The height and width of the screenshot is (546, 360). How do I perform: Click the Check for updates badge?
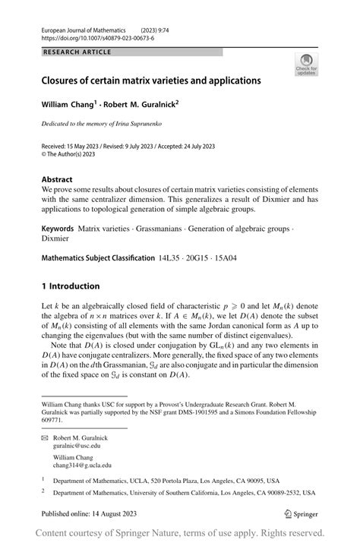[307, 65]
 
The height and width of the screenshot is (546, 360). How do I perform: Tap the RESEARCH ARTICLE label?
[78, 52]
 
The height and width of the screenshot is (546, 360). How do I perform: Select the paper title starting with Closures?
[150, 80]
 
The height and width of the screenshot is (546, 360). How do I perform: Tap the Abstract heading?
[58, 178]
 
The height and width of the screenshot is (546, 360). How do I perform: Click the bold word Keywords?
[58, 227]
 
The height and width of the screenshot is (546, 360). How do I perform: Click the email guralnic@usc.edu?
[87, 447]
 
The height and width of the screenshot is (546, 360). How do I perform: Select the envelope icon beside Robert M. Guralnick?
[46, 439]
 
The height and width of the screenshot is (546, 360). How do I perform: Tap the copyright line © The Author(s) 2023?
[76, 153]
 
